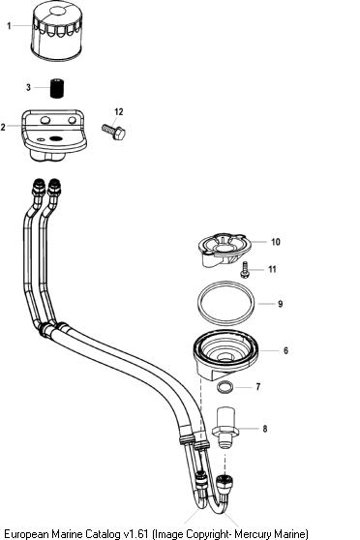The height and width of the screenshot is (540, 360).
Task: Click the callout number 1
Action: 10,26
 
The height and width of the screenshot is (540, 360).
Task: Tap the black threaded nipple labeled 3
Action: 57,88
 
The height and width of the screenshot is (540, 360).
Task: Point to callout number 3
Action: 28,87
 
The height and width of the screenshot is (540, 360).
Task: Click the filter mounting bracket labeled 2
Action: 54,135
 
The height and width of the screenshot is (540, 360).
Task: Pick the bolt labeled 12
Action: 113,132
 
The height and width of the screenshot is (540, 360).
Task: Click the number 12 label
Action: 118,112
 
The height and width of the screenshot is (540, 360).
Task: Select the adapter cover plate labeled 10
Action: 222,250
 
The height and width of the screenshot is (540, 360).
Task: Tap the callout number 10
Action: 275,242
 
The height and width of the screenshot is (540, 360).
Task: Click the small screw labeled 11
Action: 245,269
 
